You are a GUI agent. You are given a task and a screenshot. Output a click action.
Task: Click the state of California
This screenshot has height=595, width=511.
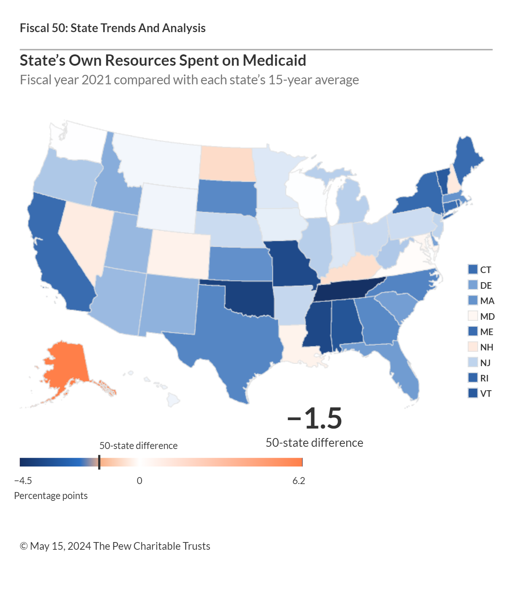click(58, 256)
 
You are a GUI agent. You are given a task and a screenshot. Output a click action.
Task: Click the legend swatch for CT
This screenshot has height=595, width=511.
click(473, 269)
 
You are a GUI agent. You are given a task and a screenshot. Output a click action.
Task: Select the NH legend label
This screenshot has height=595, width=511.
click(487, 347)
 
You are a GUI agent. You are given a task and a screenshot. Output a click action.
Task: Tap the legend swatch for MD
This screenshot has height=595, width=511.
click(473, 316)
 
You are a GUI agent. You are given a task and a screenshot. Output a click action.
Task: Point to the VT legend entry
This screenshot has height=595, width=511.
click(486, 394)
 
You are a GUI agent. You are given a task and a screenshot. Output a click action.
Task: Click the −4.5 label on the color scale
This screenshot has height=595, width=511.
click(23, 481)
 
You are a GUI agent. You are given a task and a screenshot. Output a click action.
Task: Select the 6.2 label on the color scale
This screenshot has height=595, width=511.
click(299, 481)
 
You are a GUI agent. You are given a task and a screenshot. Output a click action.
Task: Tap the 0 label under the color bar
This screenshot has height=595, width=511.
click(139, 481)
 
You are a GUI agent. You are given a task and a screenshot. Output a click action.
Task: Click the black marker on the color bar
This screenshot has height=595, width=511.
click(99, 462)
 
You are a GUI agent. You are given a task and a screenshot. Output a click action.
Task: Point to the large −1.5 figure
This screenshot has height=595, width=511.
click(315, 418)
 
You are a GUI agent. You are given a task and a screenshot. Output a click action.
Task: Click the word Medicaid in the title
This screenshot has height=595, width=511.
click(274, 61)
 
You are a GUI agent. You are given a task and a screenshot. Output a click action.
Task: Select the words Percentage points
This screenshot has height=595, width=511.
click(51, 496)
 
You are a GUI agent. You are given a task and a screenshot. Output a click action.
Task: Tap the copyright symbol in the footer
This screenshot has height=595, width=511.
click(24, 546)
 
